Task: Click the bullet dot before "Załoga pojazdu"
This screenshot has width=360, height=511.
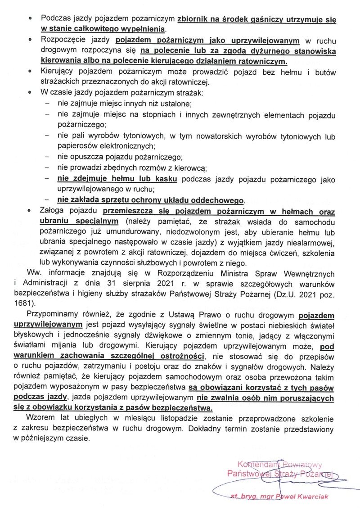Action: [x=30, y=211]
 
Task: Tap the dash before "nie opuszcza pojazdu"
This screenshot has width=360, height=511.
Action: [x=47, y=157]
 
